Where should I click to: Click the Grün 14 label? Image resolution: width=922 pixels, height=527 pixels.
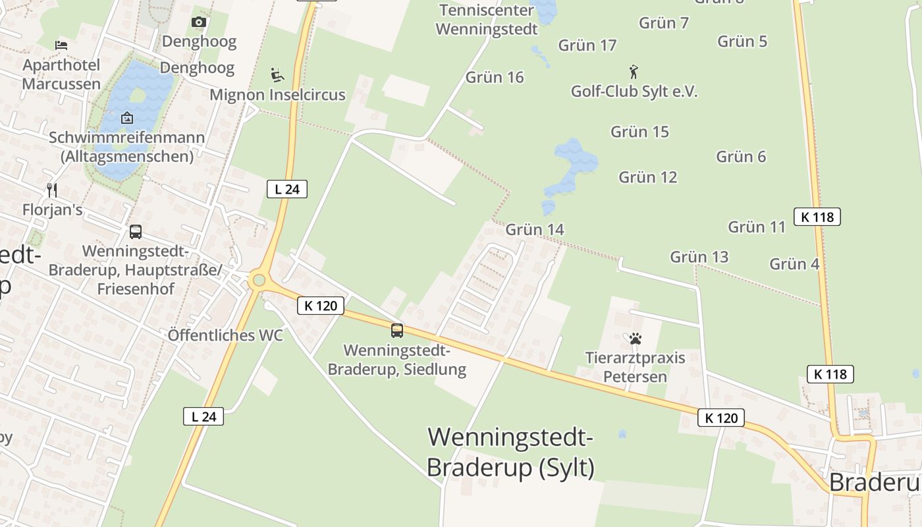pos(535,230)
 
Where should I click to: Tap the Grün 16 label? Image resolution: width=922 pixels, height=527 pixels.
pos(495,78)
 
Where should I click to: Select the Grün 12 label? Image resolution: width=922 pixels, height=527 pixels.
pos(648,177)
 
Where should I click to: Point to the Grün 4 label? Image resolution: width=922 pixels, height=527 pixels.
pos(794,264)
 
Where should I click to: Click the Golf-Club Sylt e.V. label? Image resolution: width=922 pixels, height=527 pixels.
pos(634,92)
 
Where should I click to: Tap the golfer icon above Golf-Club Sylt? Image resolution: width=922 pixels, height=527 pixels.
pos(634,72)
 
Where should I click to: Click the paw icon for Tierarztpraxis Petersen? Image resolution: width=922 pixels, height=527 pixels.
pos(635,339)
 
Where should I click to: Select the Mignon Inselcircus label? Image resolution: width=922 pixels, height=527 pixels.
pos(277,95)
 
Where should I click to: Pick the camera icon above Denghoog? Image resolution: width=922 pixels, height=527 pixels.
pos(198,22)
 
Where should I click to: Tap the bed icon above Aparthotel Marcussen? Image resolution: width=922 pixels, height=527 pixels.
pos(61,45)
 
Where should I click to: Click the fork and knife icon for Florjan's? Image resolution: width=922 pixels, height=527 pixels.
pos(52,190)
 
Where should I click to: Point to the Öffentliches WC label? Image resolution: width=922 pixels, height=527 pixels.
pos(225,335)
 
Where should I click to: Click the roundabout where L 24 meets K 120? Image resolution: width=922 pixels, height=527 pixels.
pos(259,281)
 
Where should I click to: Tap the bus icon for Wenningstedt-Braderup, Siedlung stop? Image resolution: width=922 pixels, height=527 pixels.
pos(396,331)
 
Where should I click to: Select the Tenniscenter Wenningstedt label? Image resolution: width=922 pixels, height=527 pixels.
pos(487,20)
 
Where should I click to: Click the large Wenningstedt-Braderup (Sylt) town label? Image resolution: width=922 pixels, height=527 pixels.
pos(510,452)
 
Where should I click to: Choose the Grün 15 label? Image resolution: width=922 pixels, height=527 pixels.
pos(639,132)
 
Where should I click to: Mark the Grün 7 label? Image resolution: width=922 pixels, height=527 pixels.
pos(664,23)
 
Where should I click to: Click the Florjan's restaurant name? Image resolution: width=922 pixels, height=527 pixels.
pos(53,210)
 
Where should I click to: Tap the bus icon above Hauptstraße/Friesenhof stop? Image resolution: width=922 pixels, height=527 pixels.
pos(136,232)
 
